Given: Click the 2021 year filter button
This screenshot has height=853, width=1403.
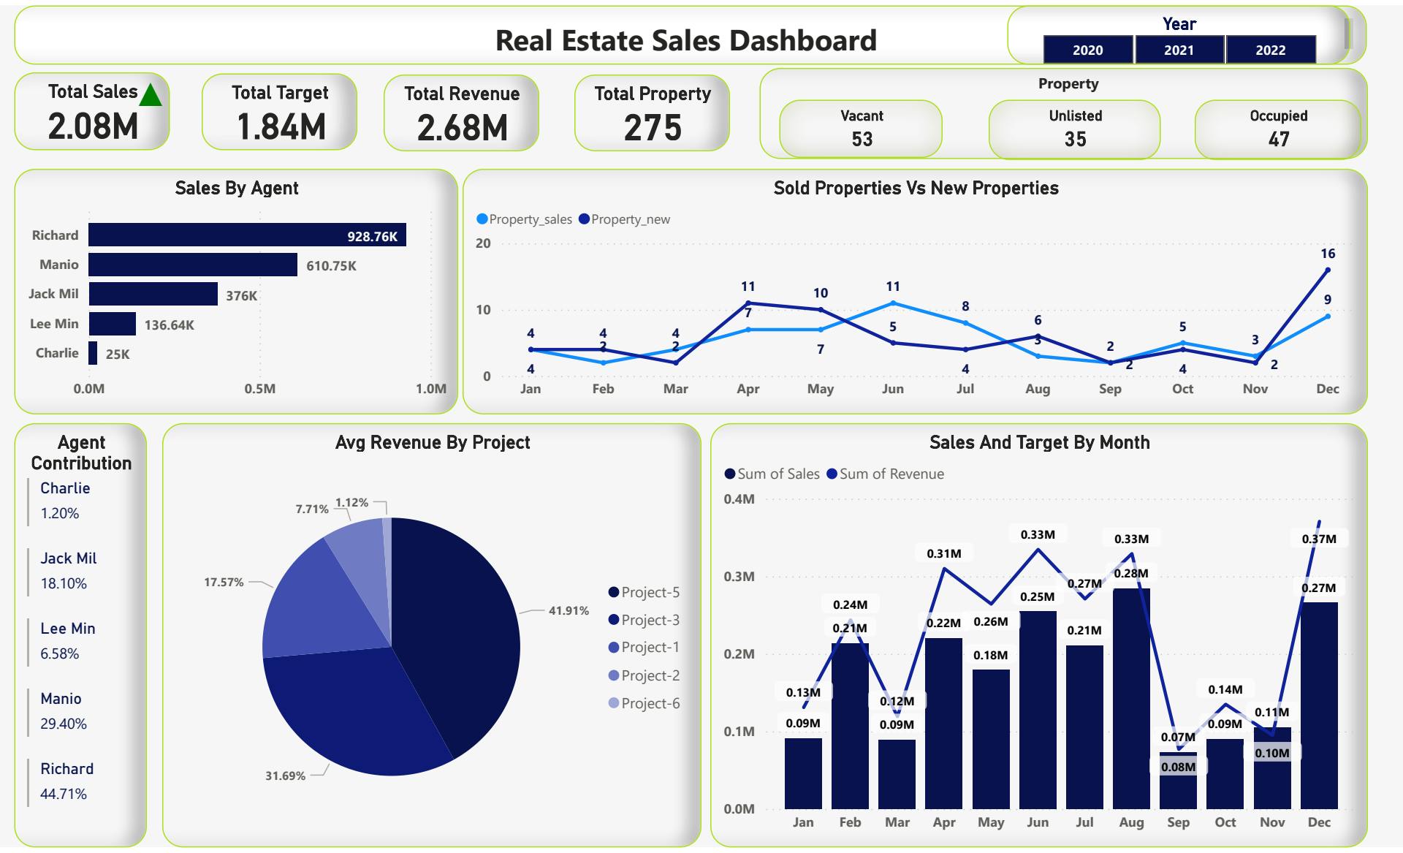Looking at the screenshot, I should [x=1179, y=50].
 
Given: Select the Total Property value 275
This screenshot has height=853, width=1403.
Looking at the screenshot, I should [x=653, y=128].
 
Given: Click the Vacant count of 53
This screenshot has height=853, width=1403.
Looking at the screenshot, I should [x=862, y=139].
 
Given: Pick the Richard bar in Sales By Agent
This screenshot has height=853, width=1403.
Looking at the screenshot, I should [x=247, y=235].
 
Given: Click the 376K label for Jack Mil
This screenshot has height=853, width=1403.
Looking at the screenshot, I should [x=241, y=296].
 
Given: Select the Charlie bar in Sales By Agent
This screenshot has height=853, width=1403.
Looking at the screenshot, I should [x=93, y=353].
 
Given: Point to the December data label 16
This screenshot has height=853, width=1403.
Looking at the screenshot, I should [x=1328, y=254].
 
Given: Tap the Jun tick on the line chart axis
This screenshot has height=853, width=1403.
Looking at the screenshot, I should [x=892, y=389].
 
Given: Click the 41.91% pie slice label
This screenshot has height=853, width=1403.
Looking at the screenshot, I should [x=569, y=610].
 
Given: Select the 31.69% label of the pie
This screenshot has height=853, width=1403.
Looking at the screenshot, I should [x=285, y=776].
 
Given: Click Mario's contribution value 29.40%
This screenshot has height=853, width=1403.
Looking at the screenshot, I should [x=64, y=724].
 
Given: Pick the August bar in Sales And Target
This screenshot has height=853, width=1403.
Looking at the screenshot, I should [x=1131, y=698].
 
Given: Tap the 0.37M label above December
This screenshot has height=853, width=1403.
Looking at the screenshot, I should [x=1319, y=539].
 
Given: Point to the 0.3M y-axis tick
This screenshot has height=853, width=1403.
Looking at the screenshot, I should [x=739, y=577].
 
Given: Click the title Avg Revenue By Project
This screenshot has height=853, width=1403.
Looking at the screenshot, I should [x=433, y=442].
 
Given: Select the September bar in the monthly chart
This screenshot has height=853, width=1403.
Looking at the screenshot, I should [x=1178, y=780].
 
